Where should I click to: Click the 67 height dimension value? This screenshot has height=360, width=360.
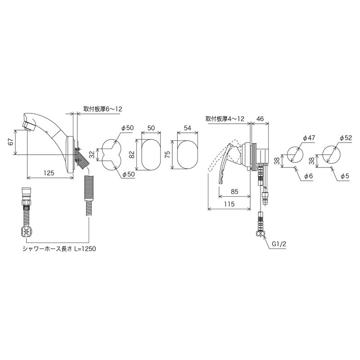click(10, 142)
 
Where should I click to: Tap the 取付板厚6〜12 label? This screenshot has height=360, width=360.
click(103, 109)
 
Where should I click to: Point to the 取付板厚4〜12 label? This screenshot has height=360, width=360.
click(225, 119)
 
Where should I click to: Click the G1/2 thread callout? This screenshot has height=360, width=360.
click(279, 244)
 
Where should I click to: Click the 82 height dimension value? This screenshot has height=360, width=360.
click(131, 154)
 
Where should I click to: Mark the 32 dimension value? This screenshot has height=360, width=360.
click(91, 154)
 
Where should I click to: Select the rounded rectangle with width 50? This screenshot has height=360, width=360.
click(151, 154)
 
